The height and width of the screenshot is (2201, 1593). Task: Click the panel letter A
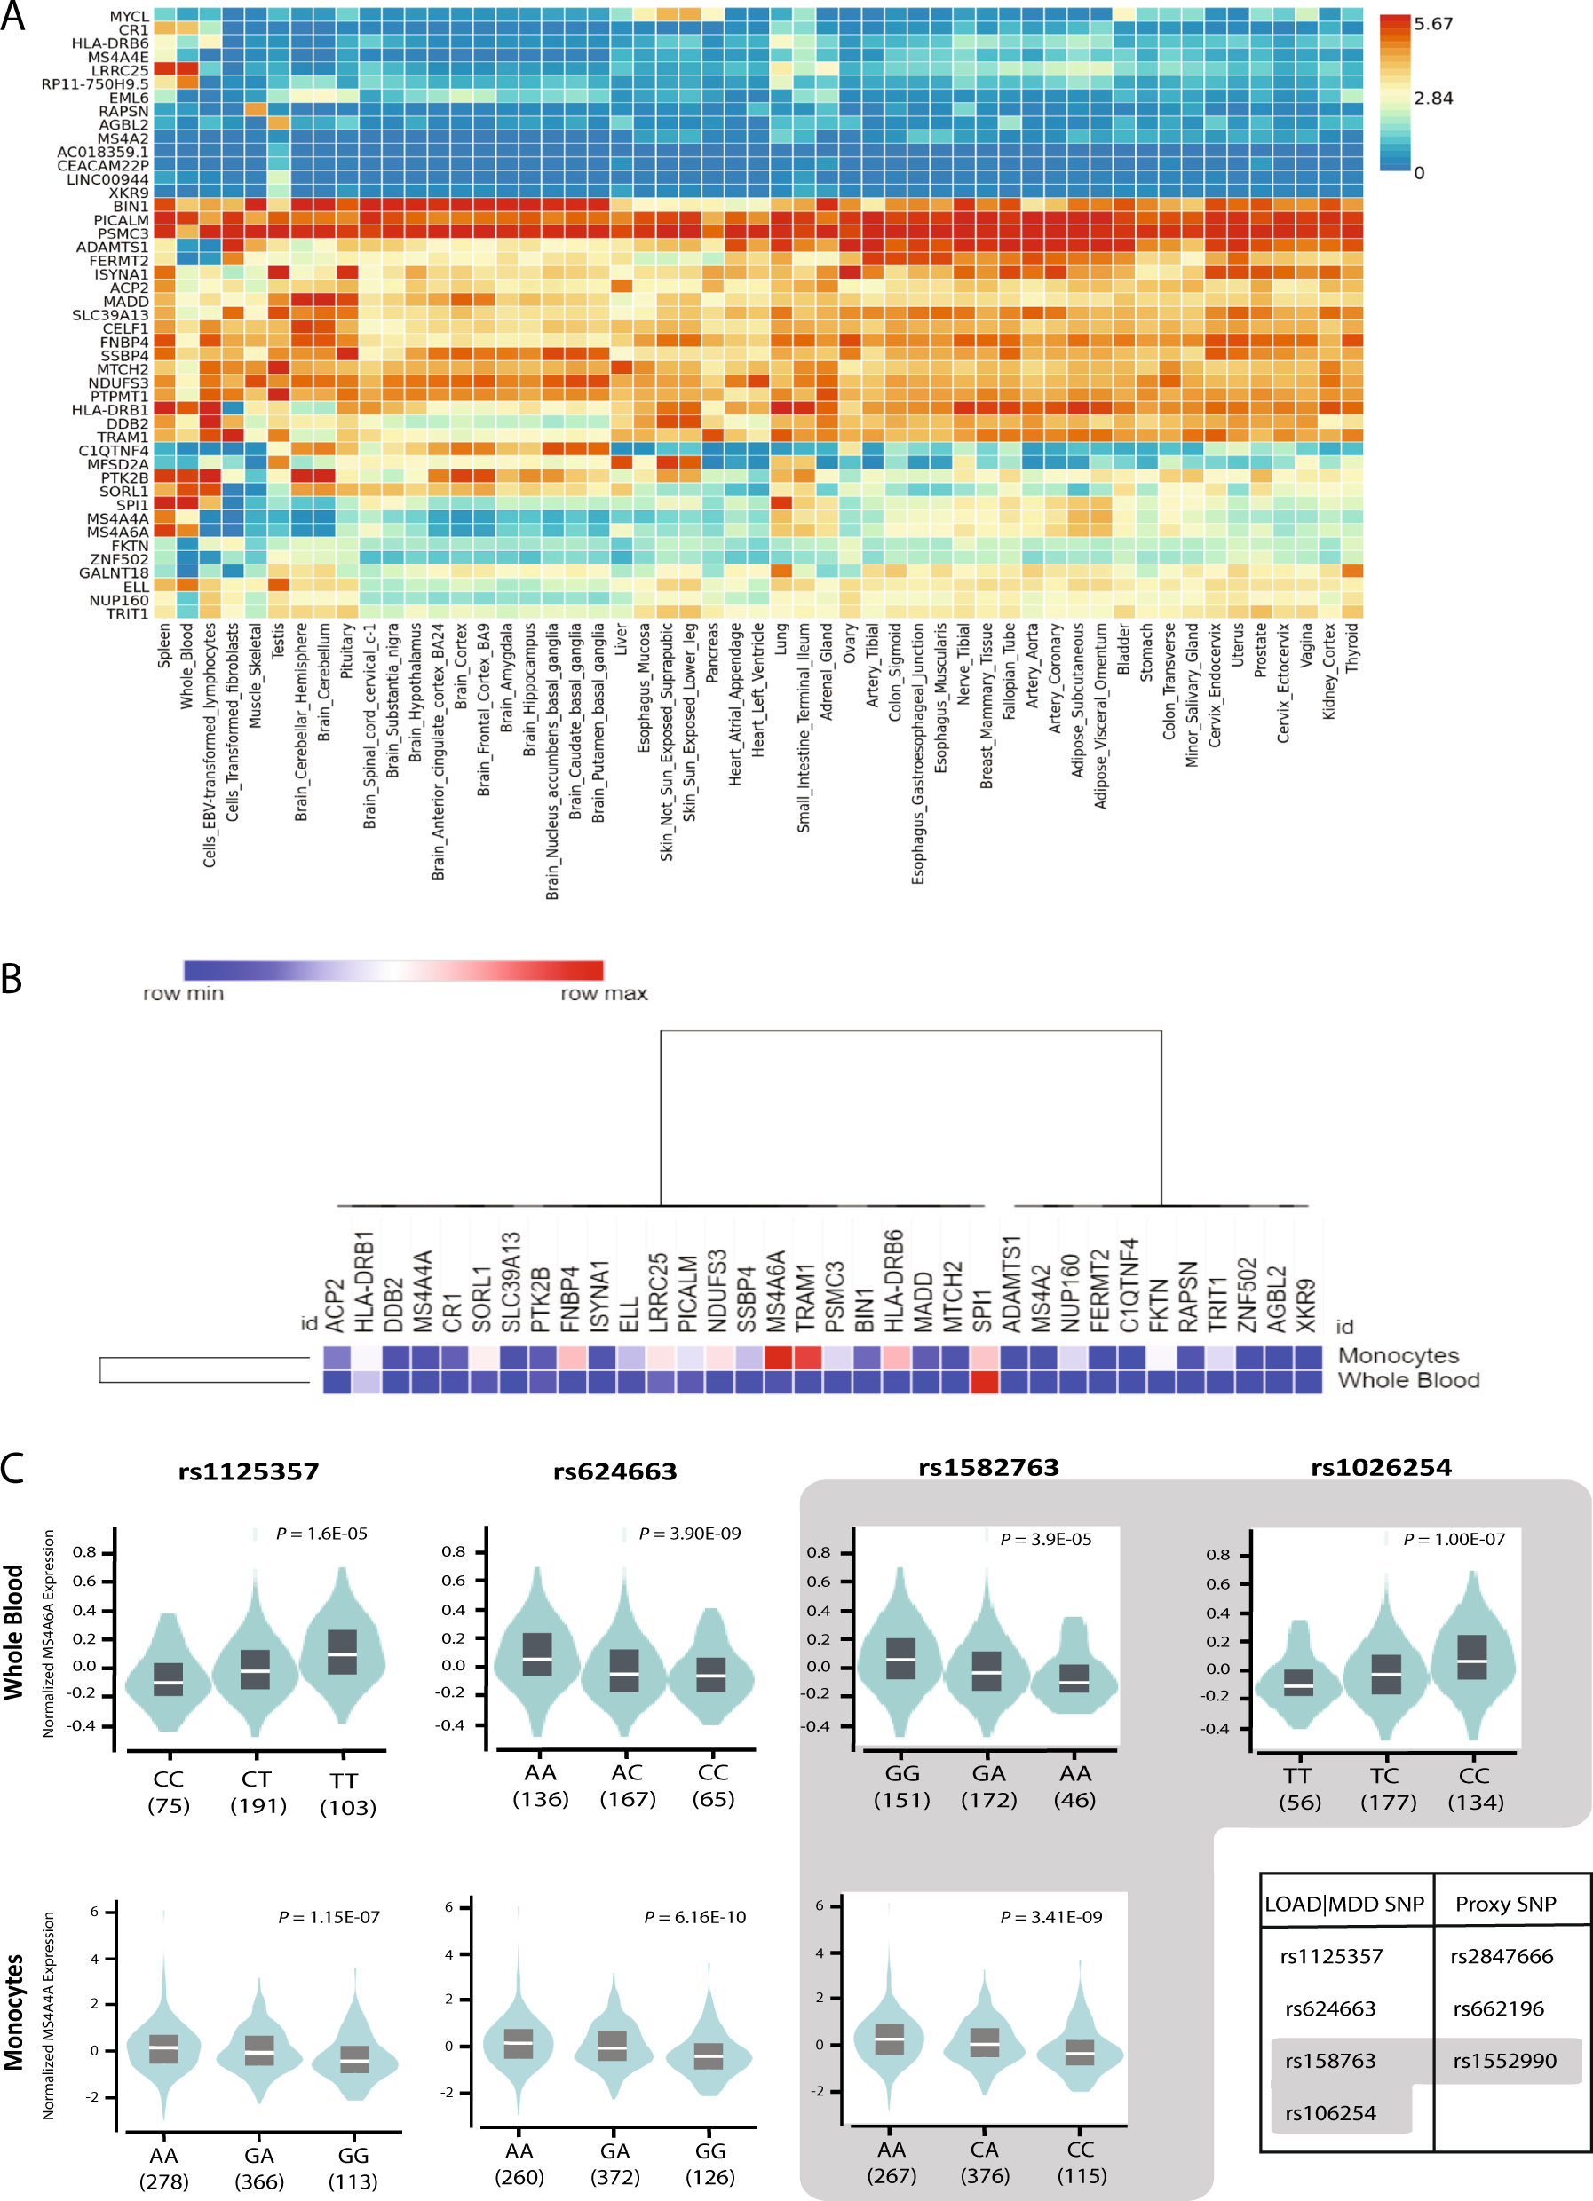pyautogui.click(x=12, y=17)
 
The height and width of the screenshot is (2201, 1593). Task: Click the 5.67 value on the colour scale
pyautogui.click(x=1433, y=23)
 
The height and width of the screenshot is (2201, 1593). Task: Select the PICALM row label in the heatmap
pyautogui.click(x=122, y=220)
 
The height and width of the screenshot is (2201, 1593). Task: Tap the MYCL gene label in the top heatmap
pyautogui.click(x=129, y=17)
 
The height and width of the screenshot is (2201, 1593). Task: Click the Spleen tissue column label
pyautogui.click(x=164, y=645)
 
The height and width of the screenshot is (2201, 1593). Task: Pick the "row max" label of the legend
pyautogui.click(x=603, y=994)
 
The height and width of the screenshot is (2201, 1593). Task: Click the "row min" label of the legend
pyautogui.click(x=184, y=994)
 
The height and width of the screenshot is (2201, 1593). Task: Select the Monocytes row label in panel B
pyautogui.click(x=1398, y=1356)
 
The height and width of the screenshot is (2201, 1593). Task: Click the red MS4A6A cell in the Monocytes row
pyautogui.click(x=779, y=1356)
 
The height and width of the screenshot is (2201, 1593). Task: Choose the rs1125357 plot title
pyautogui.click(x=249, y=1472)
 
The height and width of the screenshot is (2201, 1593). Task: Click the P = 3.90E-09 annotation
pyautogui.click(x=689, y=1534)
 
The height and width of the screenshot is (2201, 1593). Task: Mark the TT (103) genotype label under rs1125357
pyautogui.click(x=346, y=1794)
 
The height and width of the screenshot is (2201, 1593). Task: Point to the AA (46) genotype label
pyautogui.click(x=1074, y=1787)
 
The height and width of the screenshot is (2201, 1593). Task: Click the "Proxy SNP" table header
pyautogui.click(x=1505, y=1904)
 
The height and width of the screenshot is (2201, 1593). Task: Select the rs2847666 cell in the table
pyautogui.click(x=1502, y=1956)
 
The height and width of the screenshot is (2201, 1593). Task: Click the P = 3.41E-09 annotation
pyautogui.click(x=1050, y=1917)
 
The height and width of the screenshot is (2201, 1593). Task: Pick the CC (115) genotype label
pyautogui.click(x=1082, y=2163)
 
